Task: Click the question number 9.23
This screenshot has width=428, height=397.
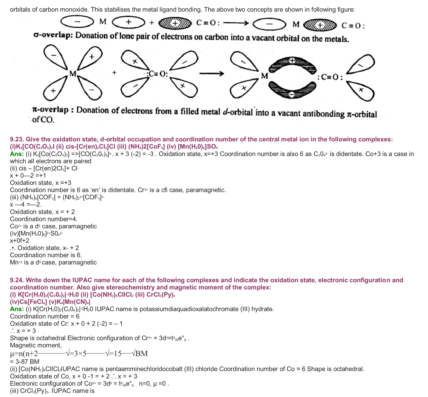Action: [17, 139]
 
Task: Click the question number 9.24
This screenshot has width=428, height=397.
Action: [17, 280]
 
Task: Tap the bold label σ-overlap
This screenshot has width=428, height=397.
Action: [53, 35]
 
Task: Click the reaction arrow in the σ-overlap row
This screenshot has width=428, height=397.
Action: [236, 23]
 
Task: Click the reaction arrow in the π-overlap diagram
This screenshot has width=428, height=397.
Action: [211, 74]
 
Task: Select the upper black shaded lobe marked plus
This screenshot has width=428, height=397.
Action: [292, 63]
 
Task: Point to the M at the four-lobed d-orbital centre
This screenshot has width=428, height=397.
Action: [73, 74]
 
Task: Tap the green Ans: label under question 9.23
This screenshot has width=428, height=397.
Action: [17, 154]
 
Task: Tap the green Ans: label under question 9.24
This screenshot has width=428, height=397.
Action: [17, 309]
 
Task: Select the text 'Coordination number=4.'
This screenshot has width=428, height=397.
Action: [44, 219]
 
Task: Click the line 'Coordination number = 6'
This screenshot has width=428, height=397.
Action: [45, 316]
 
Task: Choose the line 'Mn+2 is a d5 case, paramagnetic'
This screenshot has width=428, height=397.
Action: [53, 262]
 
